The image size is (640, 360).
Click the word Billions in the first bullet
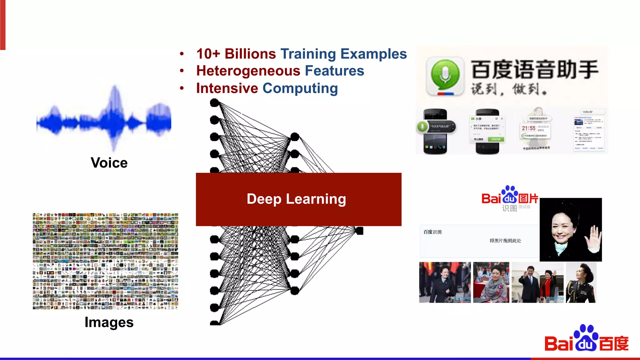pyautogui.click(x=250, y=54)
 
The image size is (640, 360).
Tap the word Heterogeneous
pyautogui.click(x=248, y=71)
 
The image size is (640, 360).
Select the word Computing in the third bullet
pyautogui.click(x=300, y=88)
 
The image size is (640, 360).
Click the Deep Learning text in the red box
pyautogui.click(x=296, y=199)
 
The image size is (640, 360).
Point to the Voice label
pyautogui.click(x=109, y=163)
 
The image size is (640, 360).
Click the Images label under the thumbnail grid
pyautogui.click(x=109, y=322)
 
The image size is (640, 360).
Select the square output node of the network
pyautogui.click(x=360, y=231)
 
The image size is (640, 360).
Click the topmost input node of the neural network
pyautogui.click(x=214, y=102)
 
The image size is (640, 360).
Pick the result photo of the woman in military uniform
pyautogui.click(x=581, y=282)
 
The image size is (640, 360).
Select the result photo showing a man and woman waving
pyautogui.click(x=537, y=282)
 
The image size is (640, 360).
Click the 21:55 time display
pyautogui.click(x=528, y=128)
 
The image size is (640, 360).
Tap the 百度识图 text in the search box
pyautogui.click(x=432, y=232)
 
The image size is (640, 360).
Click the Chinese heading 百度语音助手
pyautogui.click(x=534, y=70)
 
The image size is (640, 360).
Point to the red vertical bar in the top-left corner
pyautogui.click(x=3, y=25)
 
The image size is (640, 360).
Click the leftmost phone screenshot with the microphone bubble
pyautogui.click(x=435, y=132)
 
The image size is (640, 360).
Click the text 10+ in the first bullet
pyautogui.click(x=208, y=54)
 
